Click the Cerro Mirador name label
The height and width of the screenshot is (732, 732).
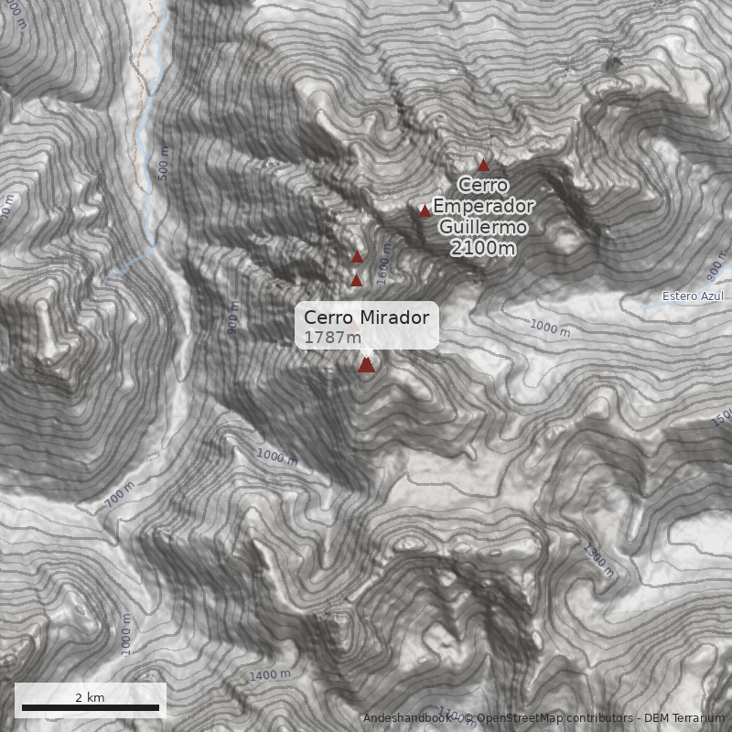click(x=366, y=318)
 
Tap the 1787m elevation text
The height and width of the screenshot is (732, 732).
click(x=332, y=337)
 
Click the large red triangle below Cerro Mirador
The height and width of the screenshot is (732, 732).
click(x=366, y=365)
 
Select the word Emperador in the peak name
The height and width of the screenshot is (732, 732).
click(x=483, y=206)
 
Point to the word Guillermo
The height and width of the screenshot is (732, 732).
click(x=482, y=227)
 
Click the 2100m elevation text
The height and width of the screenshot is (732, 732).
click(x=482, y=248)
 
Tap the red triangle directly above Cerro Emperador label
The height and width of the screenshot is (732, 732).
click(x=483, y=166)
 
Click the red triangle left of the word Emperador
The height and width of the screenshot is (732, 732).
click(x=425, y=211)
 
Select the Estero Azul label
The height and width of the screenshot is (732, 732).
click(x=693, y=296)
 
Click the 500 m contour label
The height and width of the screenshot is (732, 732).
click(x=164, y=163)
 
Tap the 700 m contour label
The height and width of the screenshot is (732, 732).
click(x=120, y=495)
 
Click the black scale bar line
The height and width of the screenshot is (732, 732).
click(x=90, y=707)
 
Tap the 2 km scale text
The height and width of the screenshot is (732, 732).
click(x=90, y=697)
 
